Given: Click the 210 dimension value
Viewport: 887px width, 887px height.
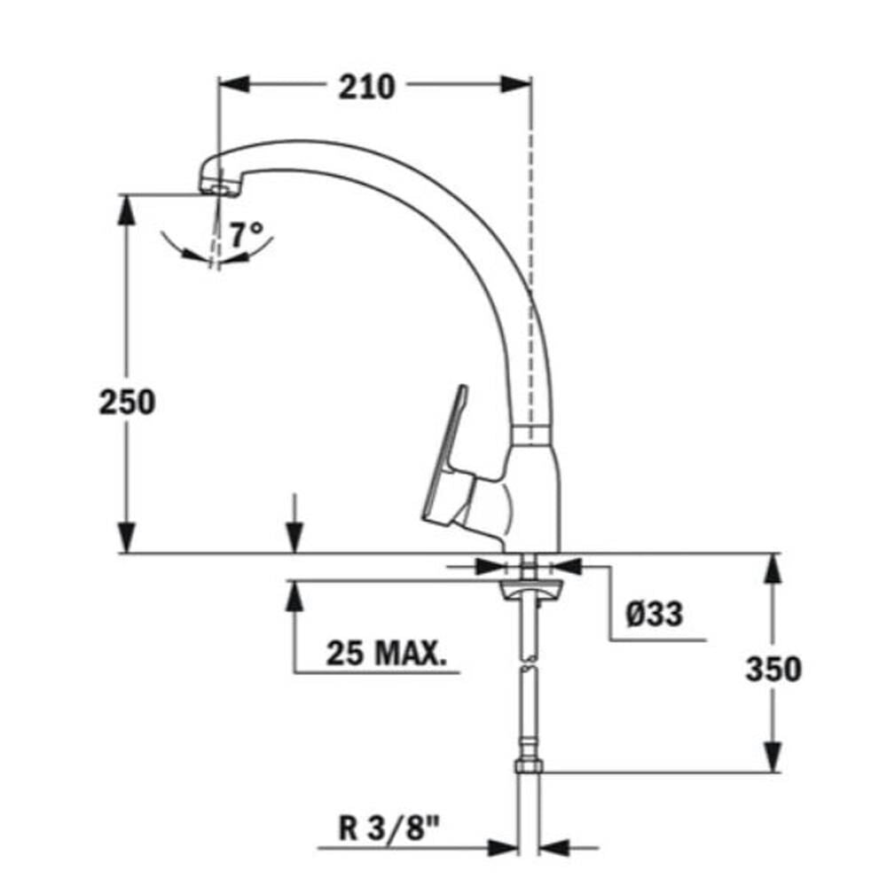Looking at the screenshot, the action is [366, 87].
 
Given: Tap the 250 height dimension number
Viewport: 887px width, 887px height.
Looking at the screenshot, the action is [127, 402].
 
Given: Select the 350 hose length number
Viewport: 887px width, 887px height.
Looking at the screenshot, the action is [773, 668].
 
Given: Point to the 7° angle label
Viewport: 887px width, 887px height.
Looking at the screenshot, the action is [247, 233].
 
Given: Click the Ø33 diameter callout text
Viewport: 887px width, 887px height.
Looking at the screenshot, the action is [655, 613].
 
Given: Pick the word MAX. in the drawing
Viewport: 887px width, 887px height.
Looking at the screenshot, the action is [411, 654].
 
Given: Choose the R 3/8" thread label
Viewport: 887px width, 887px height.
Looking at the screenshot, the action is [389, 828].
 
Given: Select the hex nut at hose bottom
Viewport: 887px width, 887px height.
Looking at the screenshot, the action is [529, 766].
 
